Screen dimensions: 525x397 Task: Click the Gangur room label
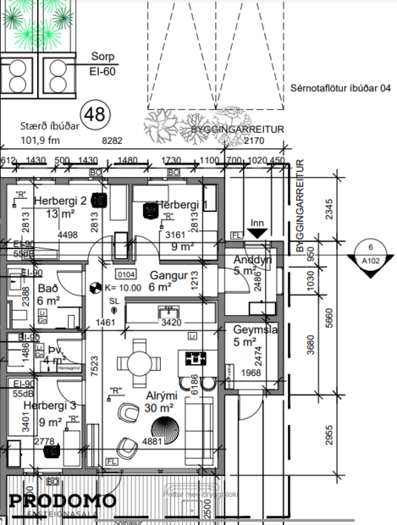point(168,275)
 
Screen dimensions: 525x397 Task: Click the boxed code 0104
point(126,274)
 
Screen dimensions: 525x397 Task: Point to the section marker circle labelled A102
point(372,255)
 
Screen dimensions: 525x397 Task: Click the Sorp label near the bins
point(103,58)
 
